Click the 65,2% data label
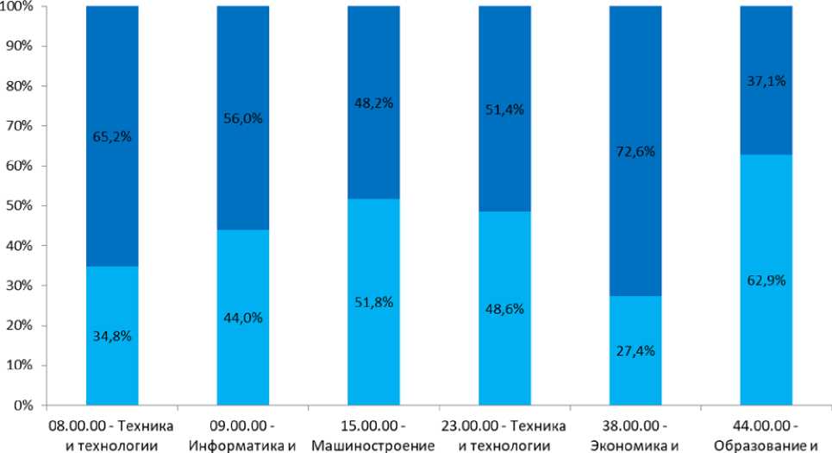(x=111, y=135)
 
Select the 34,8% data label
(x=111, y=336)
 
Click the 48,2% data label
(x=372, y=101)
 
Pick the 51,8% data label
(x=372, y=301)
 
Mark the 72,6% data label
(x=635, y=152)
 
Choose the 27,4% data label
(x=635, y=351)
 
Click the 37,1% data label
(x=766, y=81)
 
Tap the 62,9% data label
(x=766, y=280)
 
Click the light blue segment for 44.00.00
(x=766, y=345)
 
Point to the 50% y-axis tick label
(x=20, y=206)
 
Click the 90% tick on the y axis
(x=20, y=47)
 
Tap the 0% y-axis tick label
(x=23, y=406)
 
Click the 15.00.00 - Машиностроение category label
(x=372, y=437)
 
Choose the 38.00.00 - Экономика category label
(x=635, y=437)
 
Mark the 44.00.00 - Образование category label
(x=766, y=437)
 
